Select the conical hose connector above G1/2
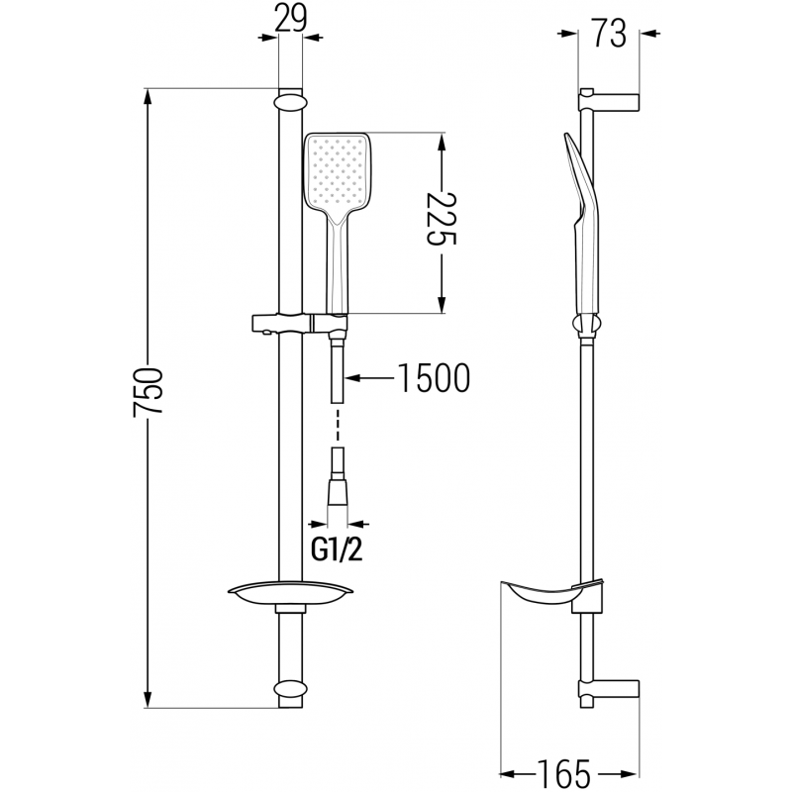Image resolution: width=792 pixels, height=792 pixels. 337,492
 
